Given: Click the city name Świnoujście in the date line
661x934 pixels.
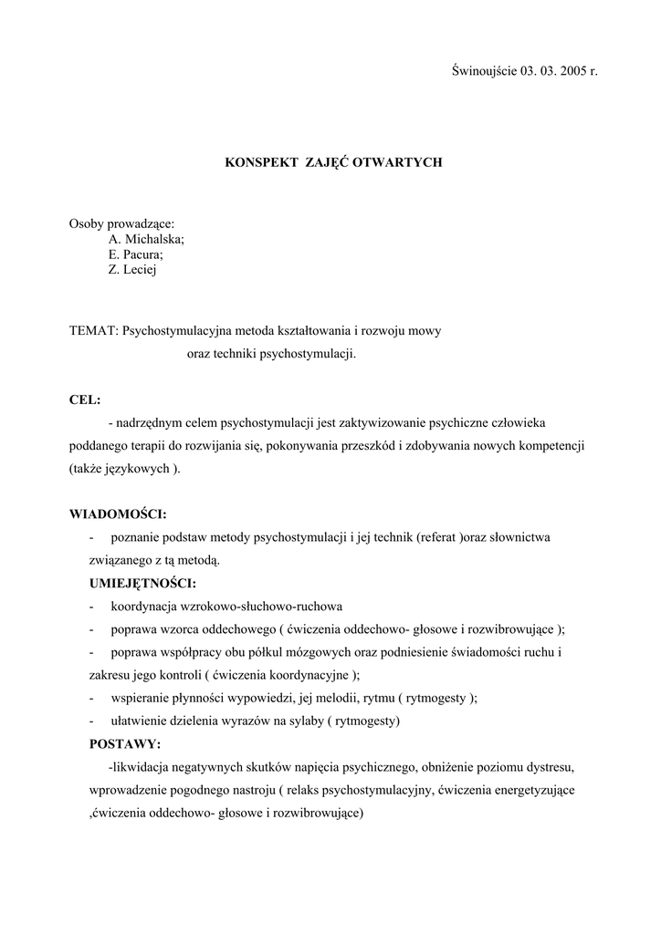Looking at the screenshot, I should [485, 71].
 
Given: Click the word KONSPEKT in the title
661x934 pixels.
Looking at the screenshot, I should [259, 161].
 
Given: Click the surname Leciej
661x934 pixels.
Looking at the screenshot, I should [140, 270].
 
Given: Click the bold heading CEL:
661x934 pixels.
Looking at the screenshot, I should [85, 400].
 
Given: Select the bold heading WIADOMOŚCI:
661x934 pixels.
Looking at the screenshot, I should [118, 514].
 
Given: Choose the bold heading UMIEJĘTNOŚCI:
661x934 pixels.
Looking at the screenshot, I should [142, 583].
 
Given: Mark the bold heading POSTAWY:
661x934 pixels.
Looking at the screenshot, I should [124, 743].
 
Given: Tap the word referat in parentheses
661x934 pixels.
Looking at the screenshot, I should [437, 537].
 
